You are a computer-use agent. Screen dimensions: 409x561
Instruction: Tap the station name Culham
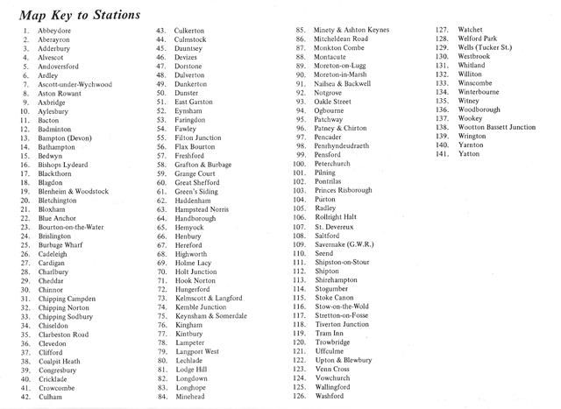click(51, 397)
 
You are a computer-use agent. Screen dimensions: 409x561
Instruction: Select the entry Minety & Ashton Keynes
click(352, 32)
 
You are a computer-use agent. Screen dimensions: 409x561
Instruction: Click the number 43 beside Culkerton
click(161, 32)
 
